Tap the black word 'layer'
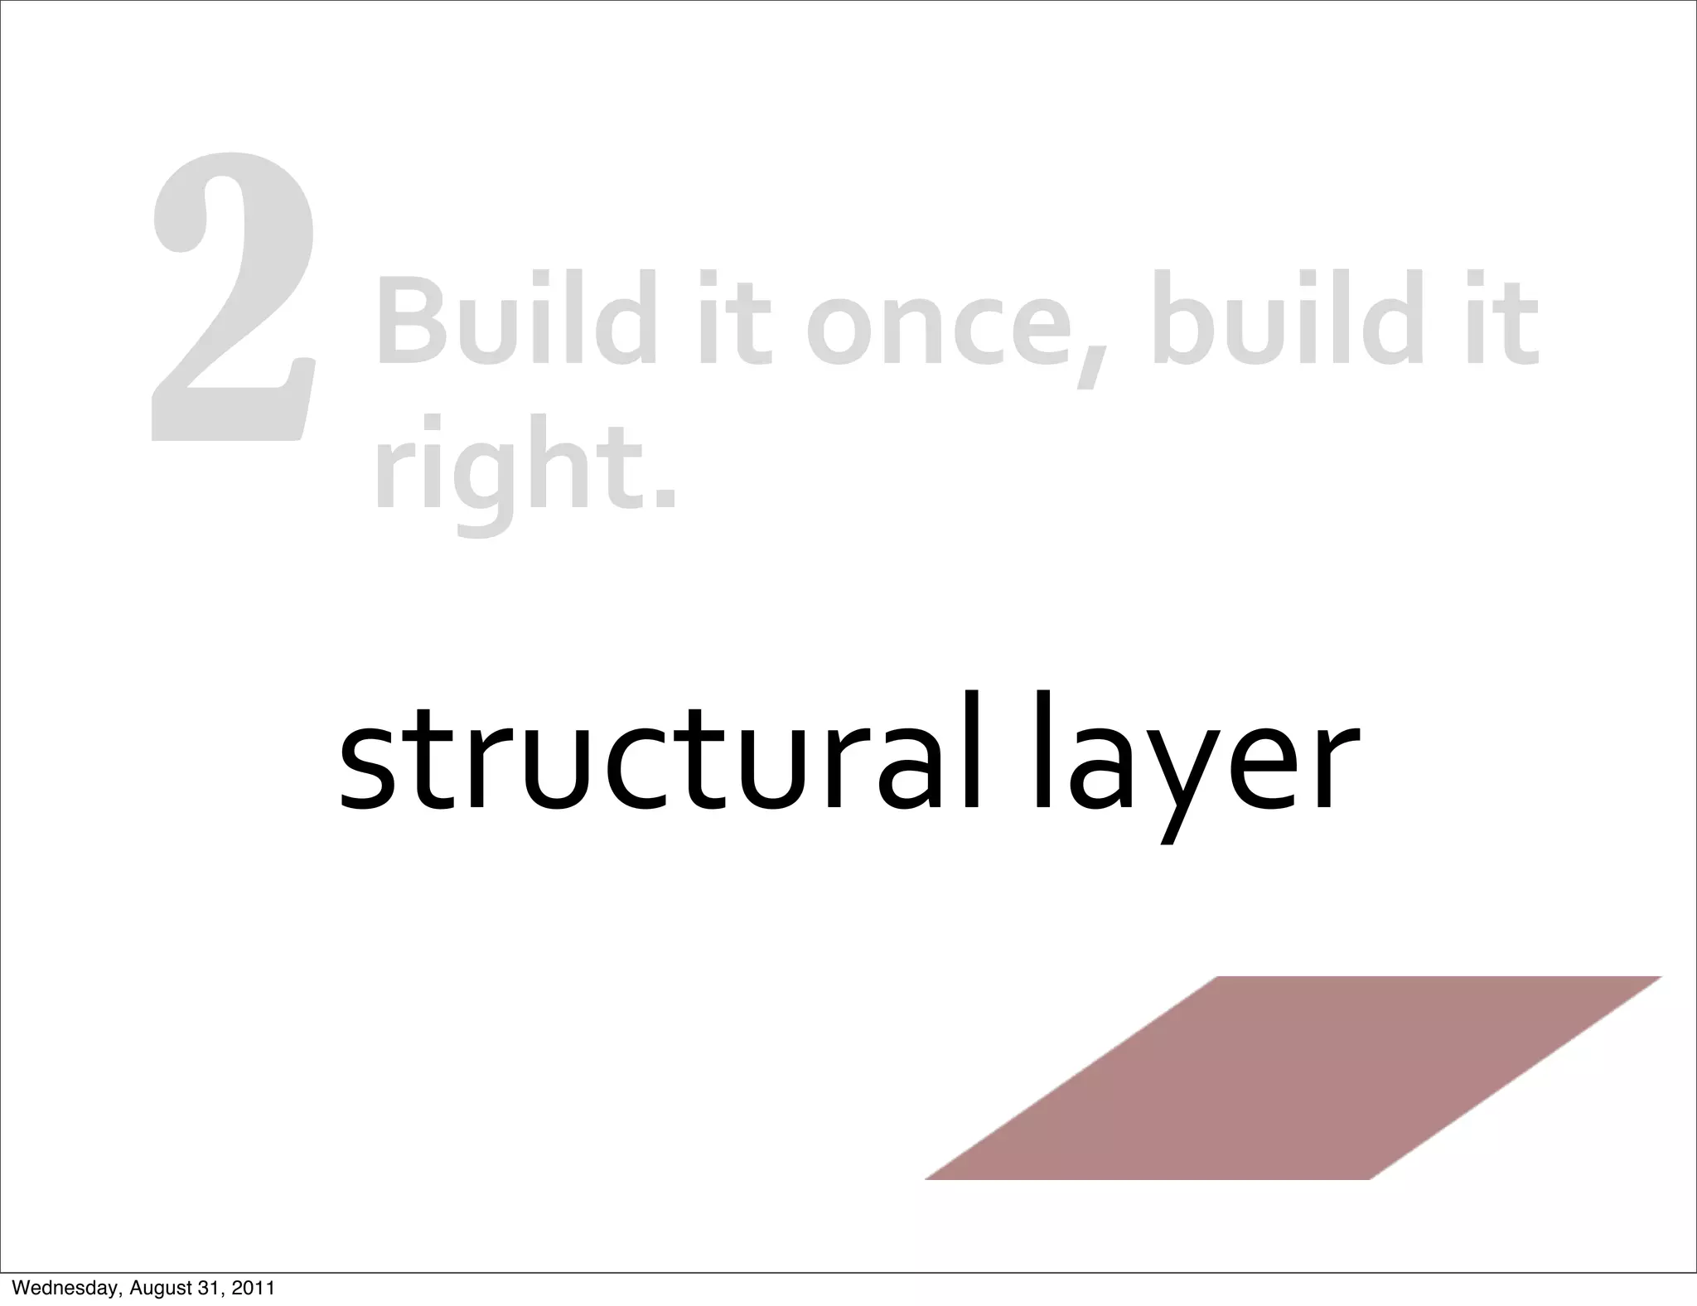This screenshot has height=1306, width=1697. pos(1193,758)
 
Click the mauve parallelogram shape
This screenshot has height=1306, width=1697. pos(1293,1077)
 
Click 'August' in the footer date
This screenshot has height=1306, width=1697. pos(158,1289)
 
